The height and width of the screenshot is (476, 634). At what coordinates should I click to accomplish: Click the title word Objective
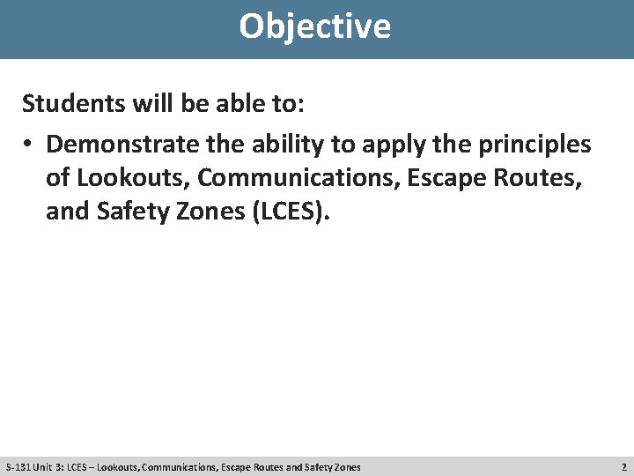pyautogui.click(x=314, y=26)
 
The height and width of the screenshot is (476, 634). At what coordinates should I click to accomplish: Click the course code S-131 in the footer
pyautogui.click(x=18, y=466)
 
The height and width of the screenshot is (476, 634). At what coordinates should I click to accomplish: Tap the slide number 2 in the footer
pyautogui.click(x=623, y=466)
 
